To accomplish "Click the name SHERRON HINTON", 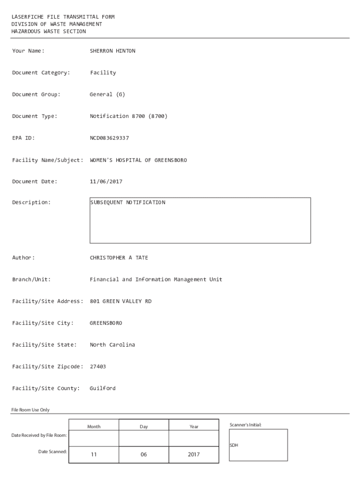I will point(112,51).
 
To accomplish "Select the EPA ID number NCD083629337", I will point(109,138).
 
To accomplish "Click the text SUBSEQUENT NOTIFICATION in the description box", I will point(128,203).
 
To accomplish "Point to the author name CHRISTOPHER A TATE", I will point(119,258).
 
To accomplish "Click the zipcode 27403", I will point(98,367).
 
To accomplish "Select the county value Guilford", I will point(102,388).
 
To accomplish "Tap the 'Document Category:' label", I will point(41,73).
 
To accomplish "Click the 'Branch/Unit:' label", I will point(31,280).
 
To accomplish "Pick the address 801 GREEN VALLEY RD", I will point(121,301).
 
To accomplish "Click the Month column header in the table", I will point(94,427).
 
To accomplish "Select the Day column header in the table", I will point(144,427).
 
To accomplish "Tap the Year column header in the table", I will point(194,427).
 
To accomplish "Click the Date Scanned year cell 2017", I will point(194,454).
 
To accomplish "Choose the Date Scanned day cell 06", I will point(144,454).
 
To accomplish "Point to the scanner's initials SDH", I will point(234,445).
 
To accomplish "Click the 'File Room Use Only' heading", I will point(30,410).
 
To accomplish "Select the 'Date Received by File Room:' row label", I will point(39,435).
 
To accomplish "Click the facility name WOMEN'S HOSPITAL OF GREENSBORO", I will point(138,160).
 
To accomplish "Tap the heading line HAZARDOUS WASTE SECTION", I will point(49,31).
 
